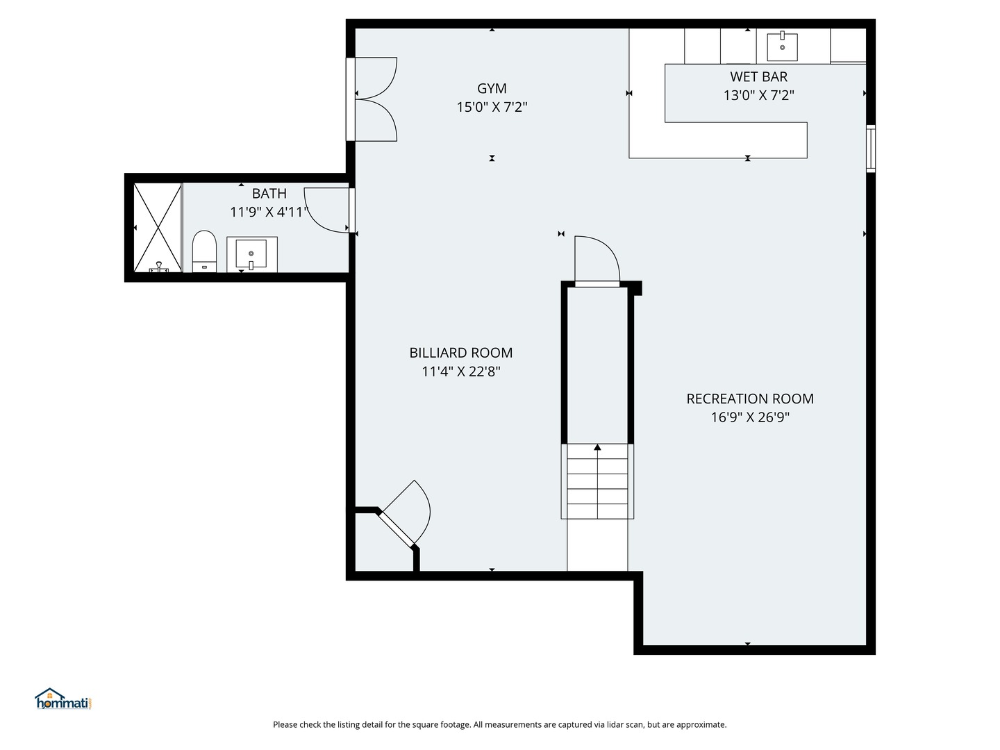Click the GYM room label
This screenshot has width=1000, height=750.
click(492, 88)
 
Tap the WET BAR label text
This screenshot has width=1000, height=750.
click(758, 76)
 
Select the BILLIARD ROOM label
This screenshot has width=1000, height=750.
click(460, 353)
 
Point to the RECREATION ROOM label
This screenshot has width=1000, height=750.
click(750, 399)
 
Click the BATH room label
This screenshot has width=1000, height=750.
click(269, 194)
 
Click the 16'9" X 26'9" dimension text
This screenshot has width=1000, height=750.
click(750, 417)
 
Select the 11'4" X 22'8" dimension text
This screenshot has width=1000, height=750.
click(460, 372)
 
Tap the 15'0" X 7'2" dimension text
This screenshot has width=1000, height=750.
click(492, 107)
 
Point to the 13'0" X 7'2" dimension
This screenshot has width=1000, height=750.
click(758, 95)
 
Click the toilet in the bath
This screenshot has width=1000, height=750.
click(204, 252)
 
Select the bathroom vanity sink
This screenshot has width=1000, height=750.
click(251, 254)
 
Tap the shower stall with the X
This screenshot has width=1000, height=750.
click(158, 227)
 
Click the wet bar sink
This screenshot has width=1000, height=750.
click(782, 47)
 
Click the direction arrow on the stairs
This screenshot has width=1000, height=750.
click(597, 448)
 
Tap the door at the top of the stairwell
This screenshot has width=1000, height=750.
click(597, 260)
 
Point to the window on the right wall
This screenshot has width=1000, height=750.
click(870, 149)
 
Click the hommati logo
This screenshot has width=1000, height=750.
click(63, 699)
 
